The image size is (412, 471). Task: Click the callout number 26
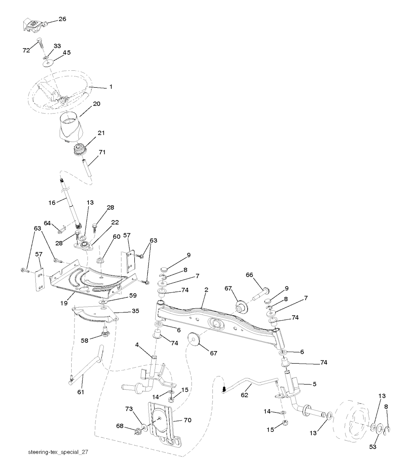point(62,19)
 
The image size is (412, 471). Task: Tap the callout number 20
point(97,104)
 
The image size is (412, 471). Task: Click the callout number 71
point(102,152)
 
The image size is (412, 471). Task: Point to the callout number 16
point(52,203)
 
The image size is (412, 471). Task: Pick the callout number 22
point(103,222)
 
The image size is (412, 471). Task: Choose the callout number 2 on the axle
point(206,290)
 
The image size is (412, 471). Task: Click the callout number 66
point(249,275)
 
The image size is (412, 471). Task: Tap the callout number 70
point(187,420)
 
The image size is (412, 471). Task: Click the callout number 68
point(120,426)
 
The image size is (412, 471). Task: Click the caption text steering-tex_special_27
point(58,452)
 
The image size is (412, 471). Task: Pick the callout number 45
point(66,52)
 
